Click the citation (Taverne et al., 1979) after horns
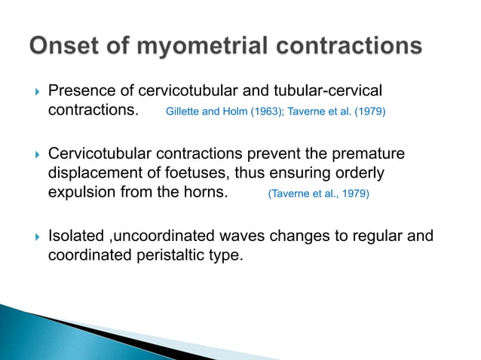pyautogui.click(x=319, y=194)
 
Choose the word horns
pyautogui.click(x=207, y=192)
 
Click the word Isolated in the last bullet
pyautogui.click(x=76, y=236)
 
